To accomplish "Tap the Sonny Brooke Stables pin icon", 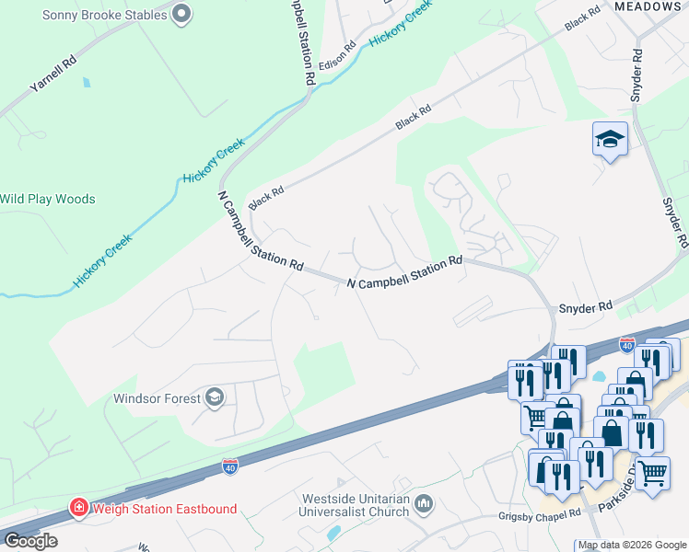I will click(x=181, y=14).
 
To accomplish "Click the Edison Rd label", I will click(x=337, y=58).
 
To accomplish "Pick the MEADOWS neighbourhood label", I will click(x=647, y=6).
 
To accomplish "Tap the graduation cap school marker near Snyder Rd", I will click(x=610, y=140).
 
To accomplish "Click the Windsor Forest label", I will click(x=157, y=399).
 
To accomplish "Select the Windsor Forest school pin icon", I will click(x=215, y=397).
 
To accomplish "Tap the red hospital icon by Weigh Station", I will click(x=79, y=508).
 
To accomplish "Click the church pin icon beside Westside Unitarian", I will click(x=423, y=502).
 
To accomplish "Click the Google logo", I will click(x=30, y=541).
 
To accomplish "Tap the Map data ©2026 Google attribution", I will click(x=632, y=546).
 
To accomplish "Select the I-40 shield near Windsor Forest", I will click(x=230, y=468).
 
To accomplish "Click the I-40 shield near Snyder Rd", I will click(x=626, y=345).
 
